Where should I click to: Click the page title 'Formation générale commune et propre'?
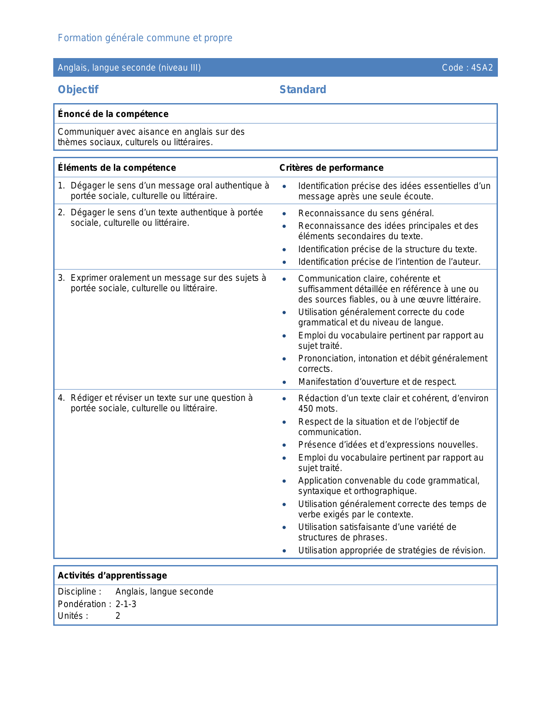(145, 38)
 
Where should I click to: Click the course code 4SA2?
(482, 68)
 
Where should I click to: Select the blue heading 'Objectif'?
(78, 90)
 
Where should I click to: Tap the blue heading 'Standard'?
(303, 90)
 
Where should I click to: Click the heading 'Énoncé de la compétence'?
(113, 114)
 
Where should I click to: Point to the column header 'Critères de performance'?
(331, 168)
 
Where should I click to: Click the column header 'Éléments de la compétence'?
(117, 168)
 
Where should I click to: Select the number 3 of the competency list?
(61, 278)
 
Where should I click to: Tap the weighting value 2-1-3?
(126, 604)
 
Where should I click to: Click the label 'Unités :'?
(73, 616)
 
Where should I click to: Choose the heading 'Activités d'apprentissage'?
(112, 575)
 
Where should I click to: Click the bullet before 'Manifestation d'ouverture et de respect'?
(284, 382)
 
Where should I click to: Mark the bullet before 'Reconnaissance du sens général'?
(284, 214)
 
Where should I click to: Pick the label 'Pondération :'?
(84, 604)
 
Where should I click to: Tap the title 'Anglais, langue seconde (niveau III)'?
(129, 68)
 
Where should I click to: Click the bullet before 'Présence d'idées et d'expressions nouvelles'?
(284, 445)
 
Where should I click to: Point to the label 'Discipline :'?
(80, 591)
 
